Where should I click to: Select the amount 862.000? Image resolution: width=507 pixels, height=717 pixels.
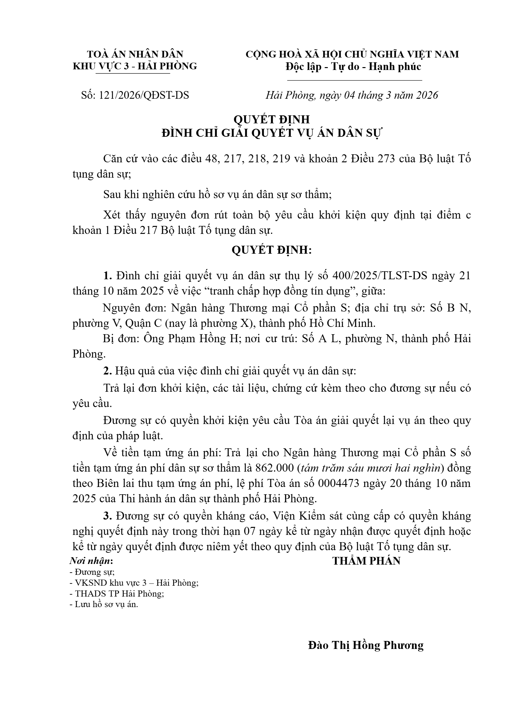(x=275, y=468)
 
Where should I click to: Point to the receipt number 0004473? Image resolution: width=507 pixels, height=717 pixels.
(x=337, y=483)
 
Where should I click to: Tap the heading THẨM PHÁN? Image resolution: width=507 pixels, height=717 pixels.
(x=366, y=561)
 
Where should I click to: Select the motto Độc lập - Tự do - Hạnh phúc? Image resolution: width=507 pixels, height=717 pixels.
(x=353, y=67)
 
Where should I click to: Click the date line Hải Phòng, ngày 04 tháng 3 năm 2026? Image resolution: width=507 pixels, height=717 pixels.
(x=352, y=95)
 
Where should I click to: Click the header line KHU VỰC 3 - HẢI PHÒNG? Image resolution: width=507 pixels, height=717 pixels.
(x=135, y=66)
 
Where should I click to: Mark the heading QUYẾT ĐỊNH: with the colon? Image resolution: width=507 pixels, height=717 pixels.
(x=271, y=250)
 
